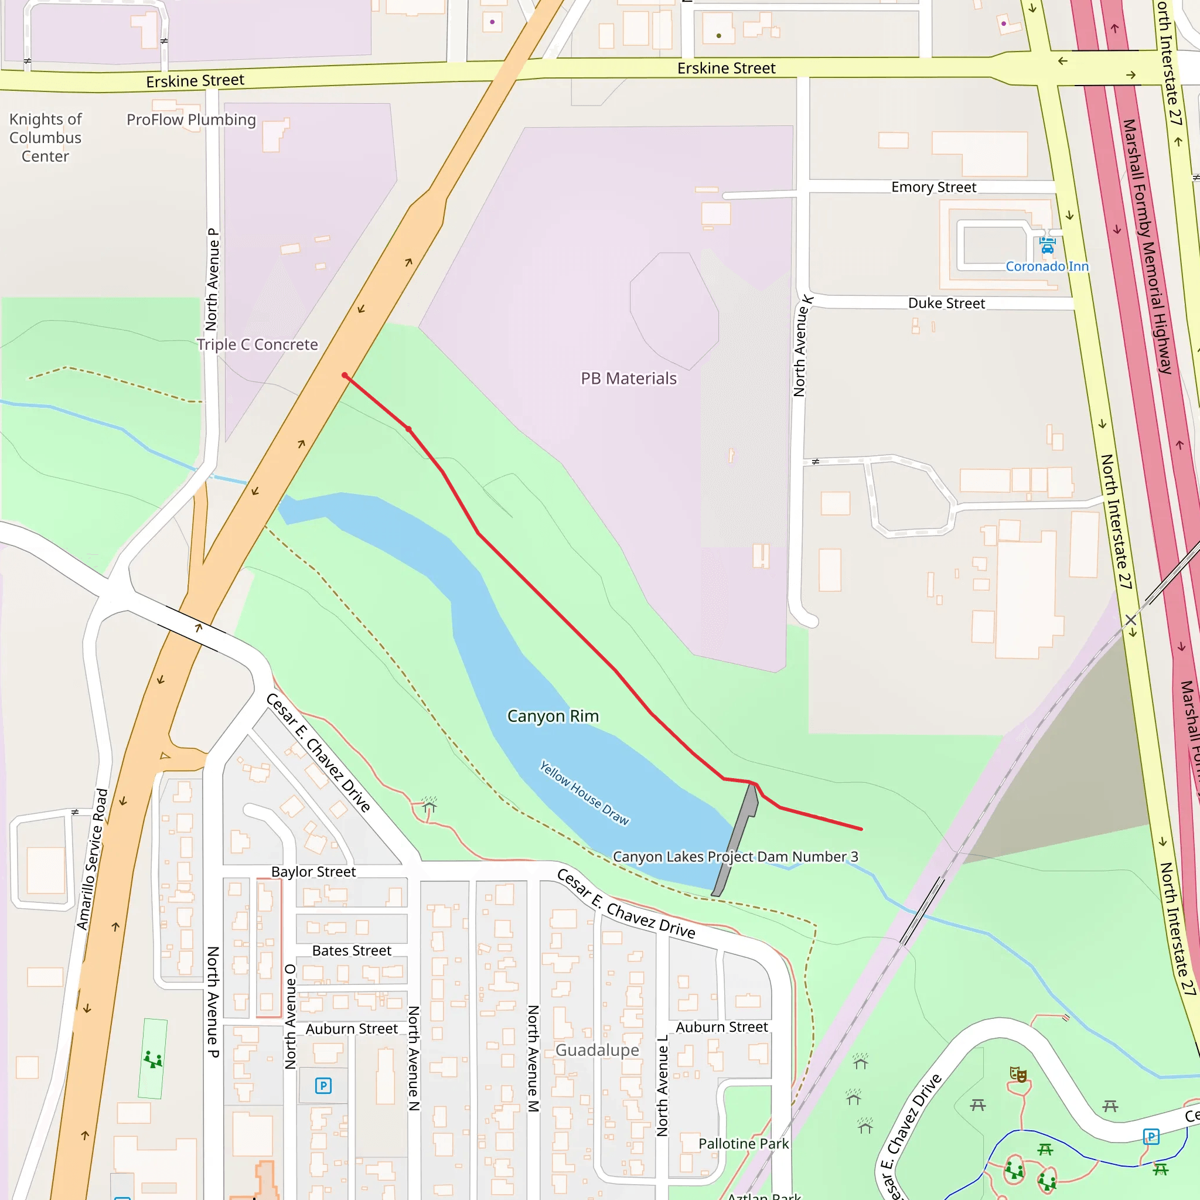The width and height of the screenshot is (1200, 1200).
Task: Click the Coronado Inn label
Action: pos(1046,267)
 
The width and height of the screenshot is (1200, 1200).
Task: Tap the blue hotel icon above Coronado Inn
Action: pos(1047,246)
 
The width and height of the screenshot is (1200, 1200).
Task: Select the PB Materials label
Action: pos(628,379)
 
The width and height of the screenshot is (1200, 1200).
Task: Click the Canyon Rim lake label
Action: pos(553,716)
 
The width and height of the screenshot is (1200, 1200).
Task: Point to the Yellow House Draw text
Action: pos(584,793)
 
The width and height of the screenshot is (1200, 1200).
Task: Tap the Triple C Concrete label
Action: pos(257,345)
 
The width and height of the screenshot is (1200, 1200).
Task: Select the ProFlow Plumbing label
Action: pos(191,120)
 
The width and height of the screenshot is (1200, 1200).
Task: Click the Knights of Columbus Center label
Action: pos(45,137)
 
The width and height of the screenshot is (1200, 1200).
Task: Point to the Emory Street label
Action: pos(933,187)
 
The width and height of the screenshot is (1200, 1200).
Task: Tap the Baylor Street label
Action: pos(313,871)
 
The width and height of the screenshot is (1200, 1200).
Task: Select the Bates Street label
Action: pos(352,950)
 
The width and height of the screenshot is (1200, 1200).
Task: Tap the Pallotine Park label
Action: pos(743,1144)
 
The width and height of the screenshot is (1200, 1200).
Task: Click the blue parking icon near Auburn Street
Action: pos(323,1086)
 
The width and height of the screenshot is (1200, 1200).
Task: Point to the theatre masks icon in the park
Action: pos(1018,1074)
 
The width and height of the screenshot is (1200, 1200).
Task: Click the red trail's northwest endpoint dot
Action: pos(345,375)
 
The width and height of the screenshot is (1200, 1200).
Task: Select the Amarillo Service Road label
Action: pos(93,860)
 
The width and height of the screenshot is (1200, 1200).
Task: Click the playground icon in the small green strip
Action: pos(153,1059)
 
